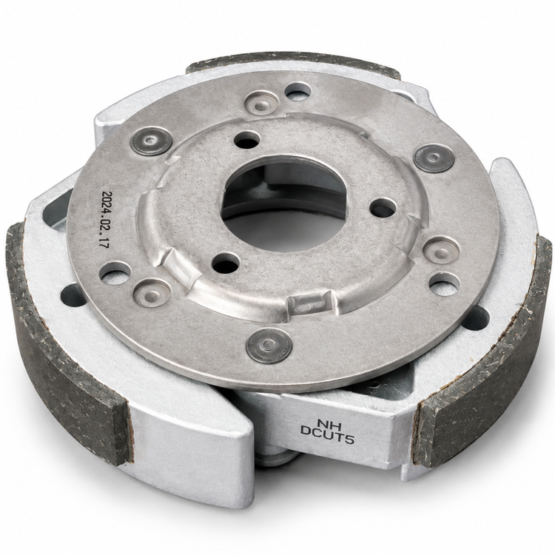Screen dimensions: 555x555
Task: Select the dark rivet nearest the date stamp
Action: pyautogui.click(x=152, y=141)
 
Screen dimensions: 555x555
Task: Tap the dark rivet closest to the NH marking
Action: pyautogui.click(x=269, y=345)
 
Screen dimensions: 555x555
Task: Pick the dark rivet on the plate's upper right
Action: pyautogui.click(x=434, y=158)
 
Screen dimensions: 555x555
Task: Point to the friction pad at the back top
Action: pyautogui.click(x=294, y=65)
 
